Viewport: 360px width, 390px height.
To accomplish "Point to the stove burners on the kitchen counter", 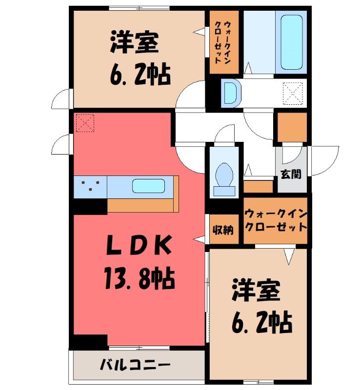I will click(91, 185).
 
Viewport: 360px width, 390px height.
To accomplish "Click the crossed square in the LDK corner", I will click(85, 123).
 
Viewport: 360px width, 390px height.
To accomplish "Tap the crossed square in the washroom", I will click(294, 93).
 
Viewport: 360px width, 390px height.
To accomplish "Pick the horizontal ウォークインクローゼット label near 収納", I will click(275, 220).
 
